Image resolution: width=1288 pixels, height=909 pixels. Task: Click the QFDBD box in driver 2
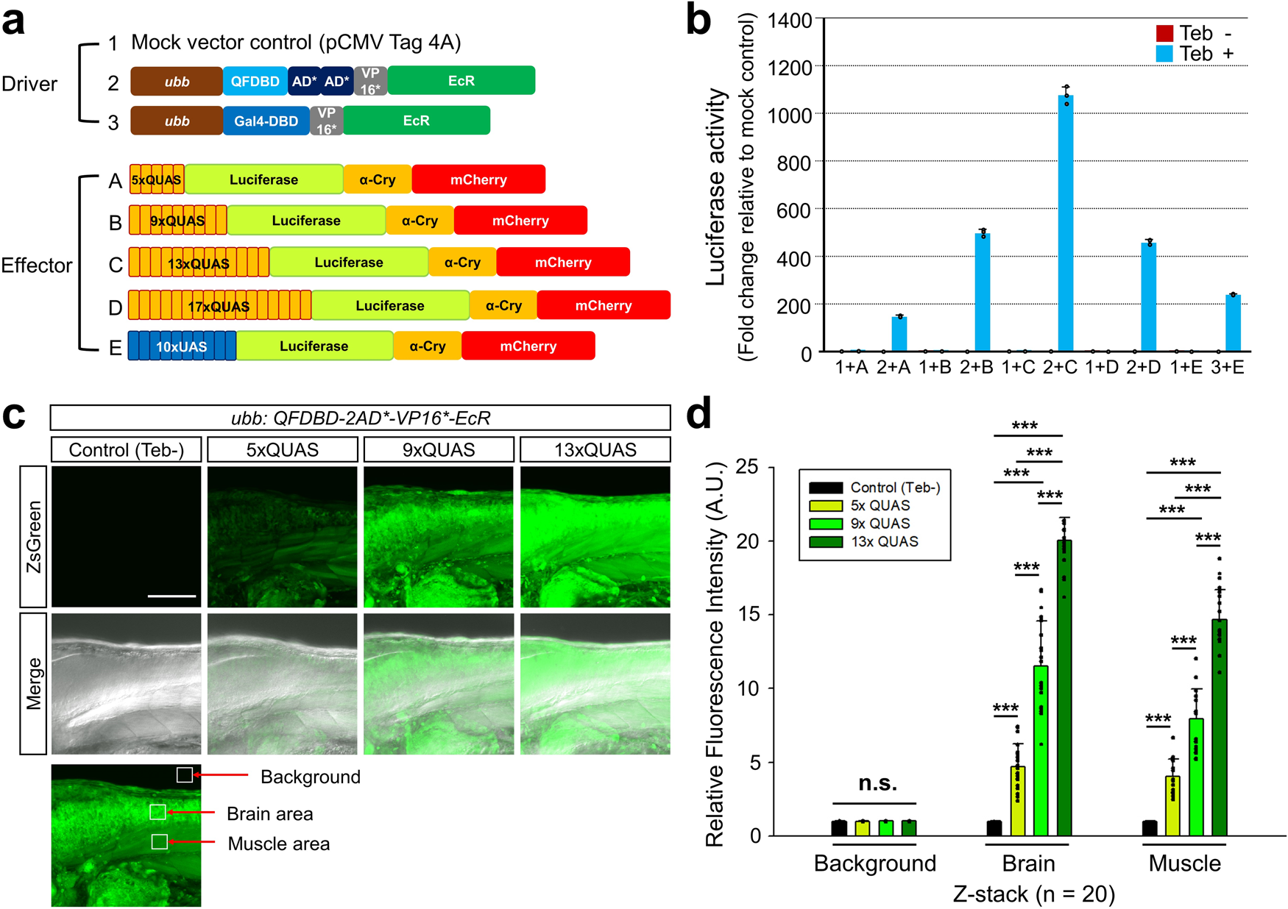tap(255, 81)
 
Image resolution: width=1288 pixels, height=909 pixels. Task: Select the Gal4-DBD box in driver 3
tap(266, 121)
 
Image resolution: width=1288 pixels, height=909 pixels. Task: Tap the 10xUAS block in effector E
tap(182, 346)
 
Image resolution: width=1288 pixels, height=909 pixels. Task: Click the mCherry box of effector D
tap(603, 305)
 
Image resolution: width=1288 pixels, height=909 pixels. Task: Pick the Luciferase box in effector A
tap(263, 179)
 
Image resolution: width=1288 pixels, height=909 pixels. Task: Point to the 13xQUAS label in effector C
tap(199, 263)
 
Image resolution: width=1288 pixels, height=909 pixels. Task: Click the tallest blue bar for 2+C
tap(1065, 221)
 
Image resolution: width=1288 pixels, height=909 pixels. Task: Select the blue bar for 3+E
tap(1233, 324)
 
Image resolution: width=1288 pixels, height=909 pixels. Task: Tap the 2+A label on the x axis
tap(893, 367)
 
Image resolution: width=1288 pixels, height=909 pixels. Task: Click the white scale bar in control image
tap(171, 596)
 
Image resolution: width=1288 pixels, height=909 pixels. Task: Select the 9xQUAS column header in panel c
tap(439, 449)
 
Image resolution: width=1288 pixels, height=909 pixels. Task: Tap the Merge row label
tap(34, 683)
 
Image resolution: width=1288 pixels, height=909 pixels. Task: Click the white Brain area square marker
tap(158, 812)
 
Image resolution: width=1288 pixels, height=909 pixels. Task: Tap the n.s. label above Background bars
tap(877, 783)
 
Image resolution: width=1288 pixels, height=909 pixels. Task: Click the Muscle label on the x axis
tap(1184, 863)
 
